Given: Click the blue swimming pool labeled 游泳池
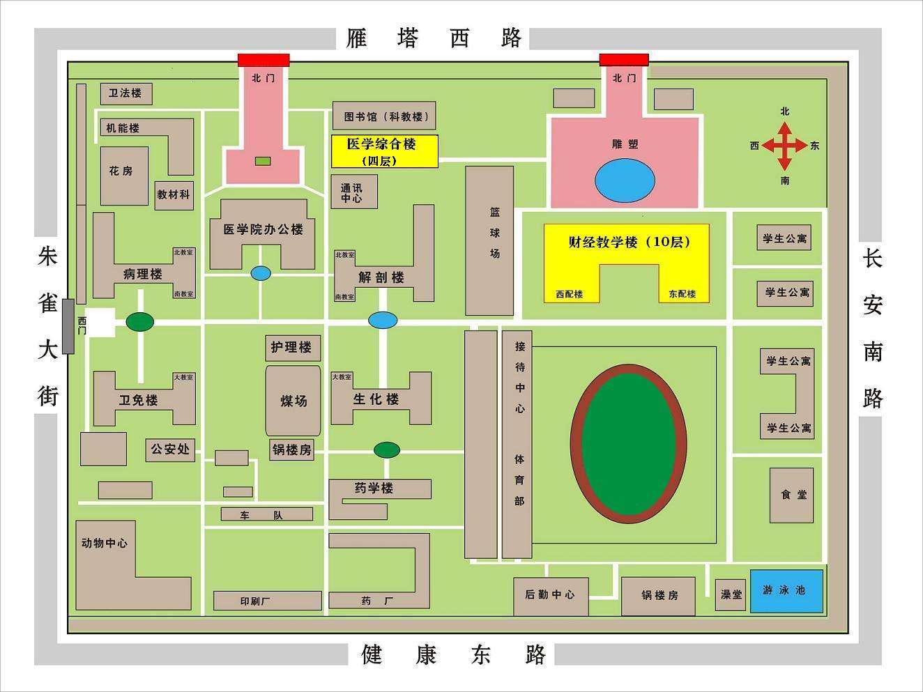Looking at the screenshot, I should [x=786, y=591].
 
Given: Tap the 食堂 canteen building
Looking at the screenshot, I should [x=791, y=495].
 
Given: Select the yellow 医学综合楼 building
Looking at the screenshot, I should [x=384, y=151].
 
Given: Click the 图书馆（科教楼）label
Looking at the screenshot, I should [x=383, y=116].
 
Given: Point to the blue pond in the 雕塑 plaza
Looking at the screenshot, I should [x=625, y=180].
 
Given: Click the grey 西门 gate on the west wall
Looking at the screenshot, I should [x=68, y=325].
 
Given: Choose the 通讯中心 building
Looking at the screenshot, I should [x=353, y=192].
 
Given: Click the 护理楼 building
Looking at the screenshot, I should [x=293, y=347].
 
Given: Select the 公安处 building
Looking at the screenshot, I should [x=170, y=449].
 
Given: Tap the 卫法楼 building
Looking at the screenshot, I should [x=126, y=93].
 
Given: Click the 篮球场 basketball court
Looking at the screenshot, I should [x=489, y=240].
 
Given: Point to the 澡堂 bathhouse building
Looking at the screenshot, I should [x=731, y=594].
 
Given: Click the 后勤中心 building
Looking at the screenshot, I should [x=550, y=595].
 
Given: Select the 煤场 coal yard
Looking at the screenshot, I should [x=293, y=401].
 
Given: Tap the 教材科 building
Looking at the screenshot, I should [x=173, y=194].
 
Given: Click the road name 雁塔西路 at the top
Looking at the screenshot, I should [x=434, y=38].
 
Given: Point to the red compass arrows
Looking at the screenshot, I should [x=785, y=146].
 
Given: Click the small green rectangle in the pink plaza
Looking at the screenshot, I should [x=263, y=161].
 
